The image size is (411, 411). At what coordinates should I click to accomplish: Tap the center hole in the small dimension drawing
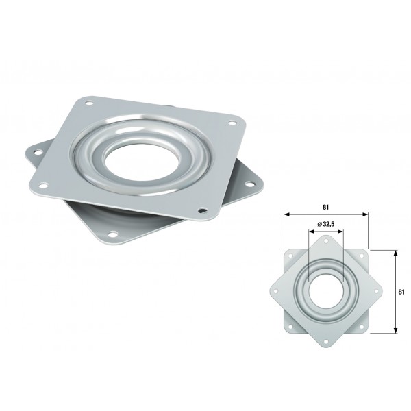click(325, 291)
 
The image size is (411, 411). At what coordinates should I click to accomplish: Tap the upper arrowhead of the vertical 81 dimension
click(396, 253)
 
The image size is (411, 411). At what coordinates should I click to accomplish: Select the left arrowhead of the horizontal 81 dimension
click(287, 214)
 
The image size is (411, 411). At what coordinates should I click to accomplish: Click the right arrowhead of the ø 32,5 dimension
click(340, 231)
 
